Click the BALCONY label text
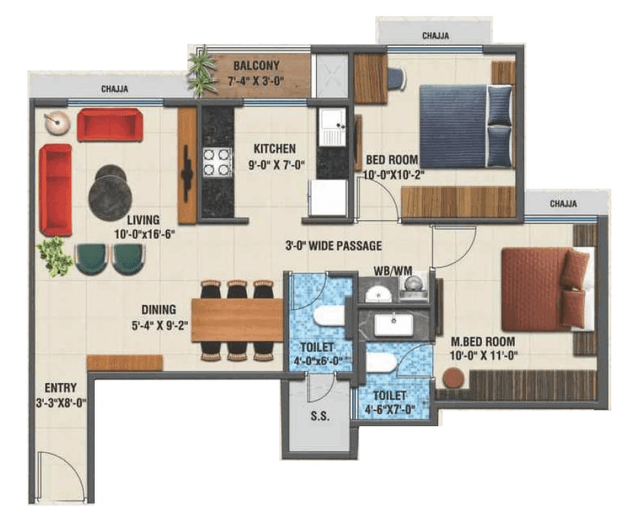(x=256, y=65)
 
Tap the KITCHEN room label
(x=274, y=148)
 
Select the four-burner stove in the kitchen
(x=217, y=162)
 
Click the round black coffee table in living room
(x=110, y=193)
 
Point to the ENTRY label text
(x=60, y=388)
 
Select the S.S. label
(x=320, y=416)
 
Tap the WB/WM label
(x=389, y=269)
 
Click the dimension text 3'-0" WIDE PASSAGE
(x=334, y=246)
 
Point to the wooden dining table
(x=236, y=320)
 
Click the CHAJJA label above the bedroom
(x=435, y=35)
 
